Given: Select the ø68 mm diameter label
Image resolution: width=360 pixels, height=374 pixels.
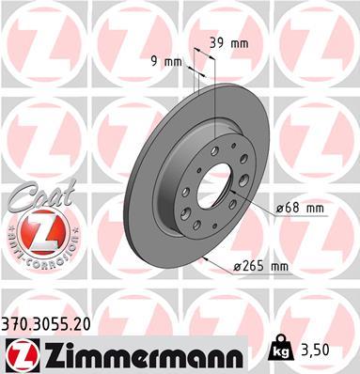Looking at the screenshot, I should point(300,207).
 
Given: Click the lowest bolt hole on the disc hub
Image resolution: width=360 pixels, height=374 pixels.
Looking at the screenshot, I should point(196,225).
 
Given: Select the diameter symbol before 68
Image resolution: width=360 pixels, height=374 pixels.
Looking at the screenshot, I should point(279,207).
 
